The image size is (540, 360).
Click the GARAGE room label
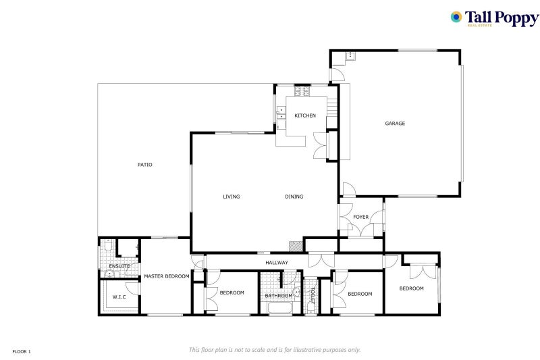click(395, 124)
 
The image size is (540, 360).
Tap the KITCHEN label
click(305, 115)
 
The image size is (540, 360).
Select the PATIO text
click(145, 165)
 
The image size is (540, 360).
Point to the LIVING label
click(232, 197)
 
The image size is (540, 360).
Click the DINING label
click(294, 197)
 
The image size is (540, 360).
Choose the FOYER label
click(361, 217)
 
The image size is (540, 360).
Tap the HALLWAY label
click(277, 263)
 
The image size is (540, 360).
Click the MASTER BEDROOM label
click(167, 276)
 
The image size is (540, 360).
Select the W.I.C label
click(119, 297)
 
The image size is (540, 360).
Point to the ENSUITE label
click(119, 266)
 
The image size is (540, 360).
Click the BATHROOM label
click(279, 296)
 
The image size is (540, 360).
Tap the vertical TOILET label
click(313, 296)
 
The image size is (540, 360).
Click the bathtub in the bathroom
click(279, 307)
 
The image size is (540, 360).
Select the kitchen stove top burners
click(302, 91)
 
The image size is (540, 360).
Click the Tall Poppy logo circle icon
click(456, 17)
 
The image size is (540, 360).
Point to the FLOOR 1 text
click(22, 352)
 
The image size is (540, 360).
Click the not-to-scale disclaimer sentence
click(275, 350)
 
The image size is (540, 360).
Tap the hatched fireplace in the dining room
click(296, 247)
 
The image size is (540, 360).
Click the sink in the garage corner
click(351, 55)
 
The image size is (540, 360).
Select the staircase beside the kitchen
click(331, 107)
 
